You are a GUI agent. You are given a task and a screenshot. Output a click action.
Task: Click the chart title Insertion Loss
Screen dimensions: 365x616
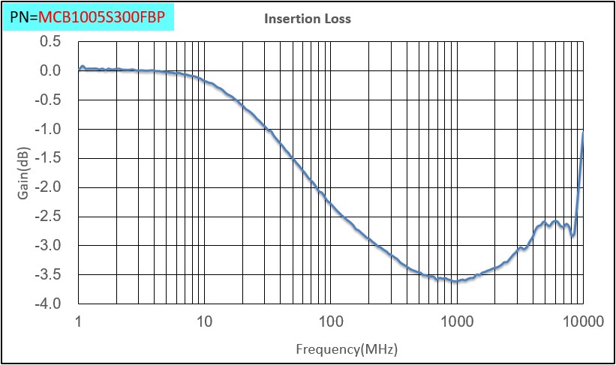click(x=308, y=19)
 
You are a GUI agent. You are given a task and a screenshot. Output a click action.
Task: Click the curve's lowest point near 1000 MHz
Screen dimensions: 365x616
click(x=455, y=282)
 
